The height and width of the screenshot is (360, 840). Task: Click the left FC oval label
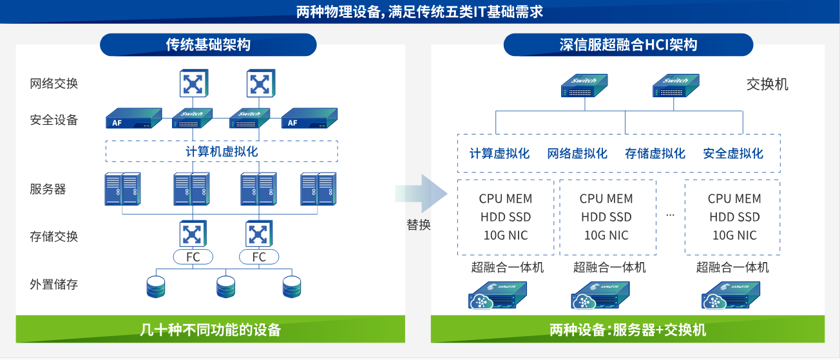(193, 257)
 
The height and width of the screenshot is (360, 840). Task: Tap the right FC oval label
(259, 257)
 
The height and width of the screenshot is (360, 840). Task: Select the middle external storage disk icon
(225, 287)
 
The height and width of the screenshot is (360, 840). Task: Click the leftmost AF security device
(133, 118)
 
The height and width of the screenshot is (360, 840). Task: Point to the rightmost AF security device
(309, 118)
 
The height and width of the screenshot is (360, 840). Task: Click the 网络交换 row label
(53, 83)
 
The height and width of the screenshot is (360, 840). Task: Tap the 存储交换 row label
(53, 236)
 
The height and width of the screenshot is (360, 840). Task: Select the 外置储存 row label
(53, 284)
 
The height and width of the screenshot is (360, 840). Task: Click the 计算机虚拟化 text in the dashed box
(222, 151)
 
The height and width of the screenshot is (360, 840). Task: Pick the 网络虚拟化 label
(577, 153)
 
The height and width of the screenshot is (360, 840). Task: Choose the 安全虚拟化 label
(733, 153)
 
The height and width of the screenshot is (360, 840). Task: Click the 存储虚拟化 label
(655, 153)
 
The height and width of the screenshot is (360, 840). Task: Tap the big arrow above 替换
(422, 193)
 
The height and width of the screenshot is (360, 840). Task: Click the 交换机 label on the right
(767, 84)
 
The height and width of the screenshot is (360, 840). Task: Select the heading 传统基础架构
(208, 44)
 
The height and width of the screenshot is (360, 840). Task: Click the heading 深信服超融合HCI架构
(628, 44)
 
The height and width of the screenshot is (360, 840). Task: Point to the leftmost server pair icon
(122, 189)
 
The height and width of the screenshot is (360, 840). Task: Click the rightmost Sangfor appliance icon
(731, 296)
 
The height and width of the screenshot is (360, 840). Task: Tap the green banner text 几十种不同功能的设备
(211, 330)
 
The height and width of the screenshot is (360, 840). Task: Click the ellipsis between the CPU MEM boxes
(670, 215)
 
